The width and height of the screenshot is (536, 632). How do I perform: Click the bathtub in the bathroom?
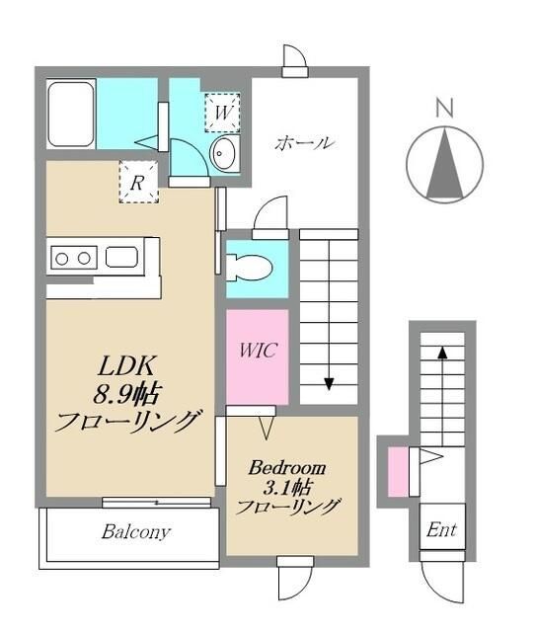coord(71,115)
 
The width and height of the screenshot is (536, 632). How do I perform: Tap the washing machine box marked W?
coord(222,113)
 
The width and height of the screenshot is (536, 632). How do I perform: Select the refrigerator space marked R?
coord(138,182)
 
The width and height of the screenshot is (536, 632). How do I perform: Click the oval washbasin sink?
coord(224,152)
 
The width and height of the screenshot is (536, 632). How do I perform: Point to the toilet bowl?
coord(249,267)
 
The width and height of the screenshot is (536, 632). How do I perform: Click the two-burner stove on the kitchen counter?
coord(73,258)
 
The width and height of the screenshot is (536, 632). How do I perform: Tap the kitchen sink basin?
coord(121,257)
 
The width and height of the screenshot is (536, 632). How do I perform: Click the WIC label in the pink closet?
coord(258,350)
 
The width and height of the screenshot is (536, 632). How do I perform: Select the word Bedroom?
coord(287,468)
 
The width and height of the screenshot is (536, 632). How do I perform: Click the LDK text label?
coord(126,366)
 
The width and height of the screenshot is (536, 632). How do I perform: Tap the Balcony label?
coord(135,532)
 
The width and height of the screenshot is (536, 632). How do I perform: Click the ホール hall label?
coord(305,142)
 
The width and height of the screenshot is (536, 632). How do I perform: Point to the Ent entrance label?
coord(441,529)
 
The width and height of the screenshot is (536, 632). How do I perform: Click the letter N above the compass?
coord(444,108)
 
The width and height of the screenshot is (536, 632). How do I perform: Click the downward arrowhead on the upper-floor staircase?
coord(330,384)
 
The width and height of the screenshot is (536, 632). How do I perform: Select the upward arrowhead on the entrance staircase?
coord(442,353)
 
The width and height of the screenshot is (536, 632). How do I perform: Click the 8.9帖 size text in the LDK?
coord(127,394)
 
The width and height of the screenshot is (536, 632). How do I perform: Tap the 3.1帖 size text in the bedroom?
coord(287,489)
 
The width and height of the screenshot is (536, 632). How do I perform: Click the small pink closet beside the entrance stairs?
coord(399,472)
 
